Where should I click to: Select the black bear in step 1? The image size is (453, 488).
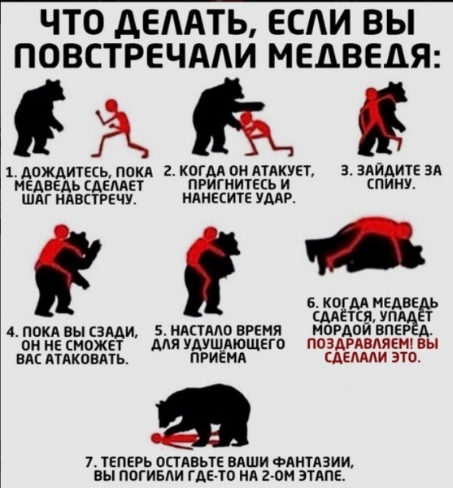38,118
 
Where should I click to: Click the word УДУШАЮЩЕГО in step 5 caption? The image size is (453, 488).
234,344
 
